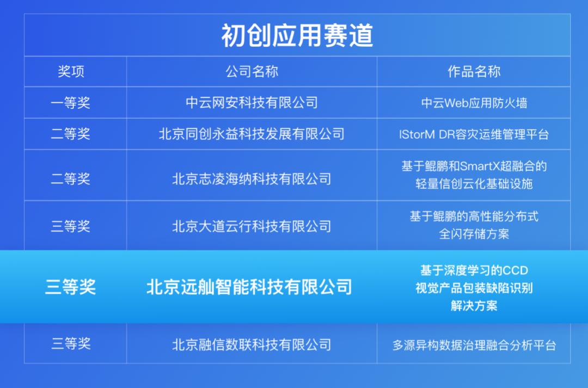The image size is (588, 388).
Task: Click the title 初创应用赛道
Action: pyautogui.click(x=297, y=35)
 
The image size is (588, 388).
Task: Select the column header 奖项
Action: pyautogui.click(x=71, y=71)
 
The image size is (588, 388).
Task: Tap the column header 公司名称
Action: pyautogui.click(x=252, y=71)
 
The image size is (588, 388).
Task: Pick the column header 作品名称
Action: pyautogui.click(x=474, y=71)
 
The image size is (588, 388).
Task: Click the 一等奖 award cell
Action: pyautogui.click(x=71, y=103)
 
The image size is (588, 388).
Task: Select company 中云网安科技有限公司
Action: pyautogui.click(x=252, y=103)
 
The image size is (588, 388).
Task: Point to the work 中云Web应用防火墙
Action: pyautogui.click(x=474, y=103)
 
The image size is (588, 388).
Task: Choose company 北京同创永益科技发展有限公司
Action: pyautogui.click(x=252, y=134)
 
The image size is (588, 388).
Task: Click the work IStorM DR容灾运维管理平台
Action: pyautogui.click(x=474, y=134)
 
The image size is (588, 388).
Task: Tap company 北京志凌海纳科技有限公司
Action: pyautogui.click(x=252, y=179)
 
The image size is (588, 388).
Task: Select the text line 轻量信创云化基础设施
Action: pyautogui.click(x=474, y=184)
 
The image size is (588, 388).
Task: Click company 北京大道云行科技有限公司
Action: pyautogui.click(x=252, y=226)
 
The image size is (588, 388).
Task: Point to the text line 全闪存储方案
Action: pyautogui.click(x=474, y=234)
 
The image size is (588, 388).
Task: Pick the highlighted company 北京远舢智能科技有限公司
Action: pyautogui.click(x=249, y=287)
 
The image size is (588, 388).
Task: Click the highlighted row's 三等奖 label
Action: pyautogui.click(x=70, y=287)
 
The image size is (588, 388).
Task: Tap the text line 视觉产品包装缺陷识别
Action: pyautogui.click(x=474, y=288)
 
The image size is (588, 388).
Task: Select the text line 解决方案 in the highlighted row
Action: pyautogui.click(x=474, y=305)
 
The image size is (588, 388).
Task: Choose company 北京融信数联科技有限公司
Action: pyautogui.click(x=252, y=344)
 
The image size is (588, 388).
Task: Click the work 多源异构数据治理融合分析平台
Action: pyautogui.click(x=474, y=345)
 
